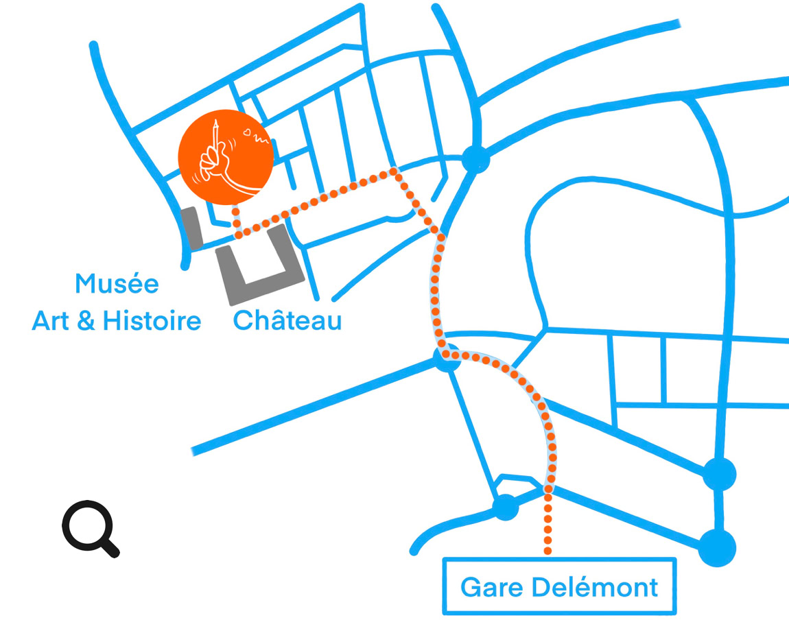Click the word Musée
click(x=117, y=283)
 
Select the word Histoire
click(x=152, y=320)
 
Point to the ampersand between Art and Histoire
click(x=86, y=321)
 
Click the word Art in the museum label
click(x=50, y=320)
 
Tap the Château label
click(x=287, y=320)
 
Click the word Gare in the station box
click(x=486, y=587)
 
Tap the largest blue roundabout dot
click(x=718, y=548)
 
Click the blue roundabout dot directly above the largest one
click(x=719, y=474)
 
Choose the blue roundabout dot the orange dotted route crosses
click(x=447, y=357)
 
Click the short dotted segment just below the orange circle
click(x=235, y=218)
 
